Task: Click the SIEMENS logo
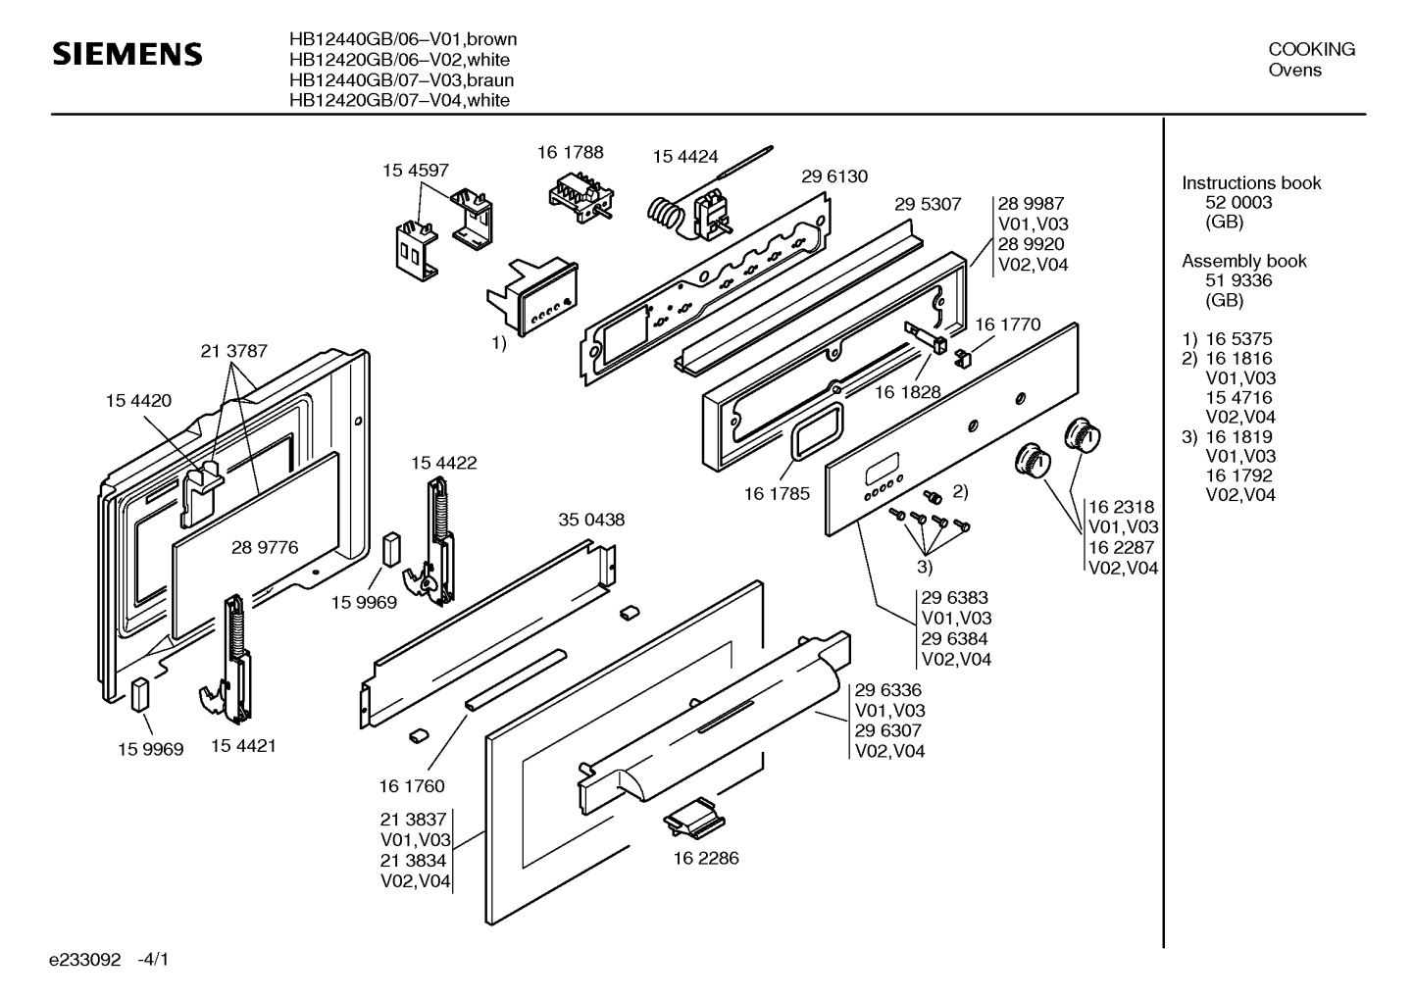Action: pyautogui.click(x=126, y=54)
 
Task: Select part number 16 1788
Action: pyautogui.click(x=570, y=152)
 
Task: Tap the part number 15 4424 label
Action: pyautogui.click(x=685, y=157)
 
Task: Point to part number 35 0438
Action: pyautogui.click(x=591, y=520)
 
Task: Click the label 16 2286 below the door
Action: pyautogui.click(x=706, y=858)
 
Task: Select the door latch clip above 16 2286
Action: pyautogui.click(x=692, y=817)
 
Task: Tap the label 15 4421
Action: pyautogui.click(x=243, y=746)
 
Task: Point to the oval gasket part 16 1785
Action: pyautogui.click(x=810, y=432)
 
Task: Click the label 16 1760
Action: pyautogui.click(x=412, y=786)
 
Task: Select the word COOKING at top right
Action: pyautogui.click(x=1311, y=49)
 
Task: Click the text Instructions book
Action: pyautogui.click(x=1250, y=183)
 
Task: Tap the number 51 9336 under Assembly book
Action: pyautogui.click(x=1238, y=280)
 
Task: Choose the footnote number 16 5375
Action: pyautogui.click(x=1238, y=339)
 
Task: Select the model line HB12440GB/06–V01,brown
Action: pyautogui.click(x=402, y=40)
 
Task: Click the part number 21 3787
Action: pyautogui.click(x=233, y=351)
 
